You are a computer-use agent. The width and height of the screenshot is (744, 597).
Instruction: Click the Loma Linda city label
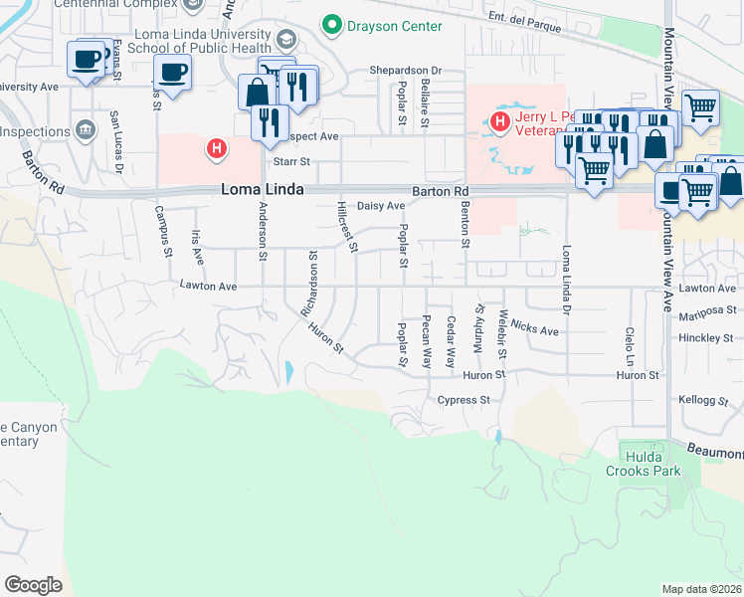(x=262, y=190)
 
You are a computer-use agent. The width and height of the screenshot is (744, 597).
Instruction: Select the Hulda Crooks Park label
(x=643, y=464)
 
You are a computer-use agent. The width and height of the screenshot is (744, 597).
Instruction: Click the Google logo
(x=33, y=585)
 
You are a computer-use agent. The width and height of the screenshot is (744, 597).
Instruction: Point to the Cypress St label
(x=465, y=400)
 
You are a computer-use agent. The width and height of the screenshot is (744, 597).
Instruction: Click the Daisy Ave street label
(x=381, y=206)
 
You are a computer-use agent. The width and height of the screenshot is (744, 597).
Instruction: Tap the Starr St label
(x=292, y=160)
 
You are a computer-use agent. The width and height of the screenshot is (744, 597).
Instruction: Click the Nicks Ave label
(x=536, y=329)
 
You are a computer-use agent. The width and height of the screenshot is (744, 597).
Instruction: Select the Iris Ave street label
(x=197, y=248)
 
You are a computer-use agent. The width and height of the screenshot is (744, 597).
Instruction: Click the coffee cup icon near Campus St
(x=173, y=73)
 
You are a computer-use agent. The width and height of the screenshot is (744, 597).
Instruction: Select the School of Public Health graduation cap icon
(x=286, y=40)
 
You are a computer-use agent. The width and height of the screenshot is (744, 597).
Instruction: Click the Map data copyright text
(x=702, y=589)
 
